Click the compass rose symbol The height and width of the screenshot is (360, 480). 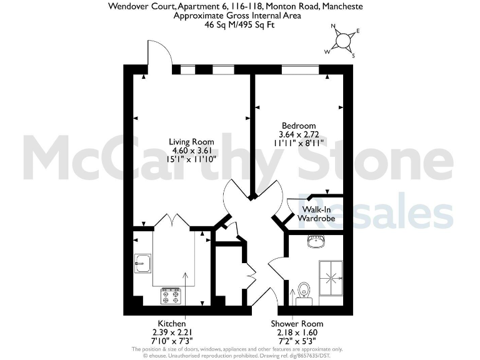click(x=343, y=41)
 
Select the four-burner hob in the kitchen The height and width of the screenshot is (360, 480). click(x=171, y=296)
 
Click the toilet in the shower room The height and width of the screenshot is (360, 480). click(x=304, y=291)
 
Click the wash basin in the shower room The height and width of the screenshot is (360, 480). click(x=316, y=241)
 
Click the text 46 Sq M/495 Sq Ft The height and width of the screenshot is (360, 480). click(x=241, y=25)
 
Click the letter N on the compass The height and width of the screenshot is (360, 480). click(x=333, y=27)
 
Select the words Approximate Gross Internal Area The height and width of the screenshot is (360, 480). click(x=241, y=16)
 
